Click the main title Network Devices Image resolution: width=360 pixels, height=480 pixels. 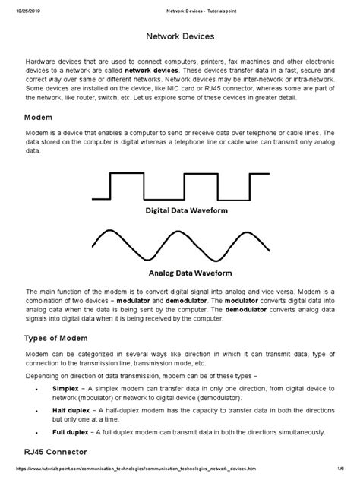pos(179,36)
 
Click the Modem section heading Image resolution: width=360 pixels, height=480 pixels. pos(39,118)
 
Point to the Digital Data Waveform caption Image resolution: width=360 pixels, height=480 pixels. pos(179,207)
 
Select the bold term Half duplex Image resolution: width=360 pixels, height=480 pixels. pos(71,409)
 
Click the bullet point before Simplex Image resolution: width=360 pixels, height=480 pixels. pos(38,387)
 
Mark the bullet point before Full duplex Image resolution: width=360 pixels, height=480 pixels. pos(38,431)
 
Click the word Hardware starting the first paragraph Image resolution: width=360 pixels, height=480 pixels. pos(42,59)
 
